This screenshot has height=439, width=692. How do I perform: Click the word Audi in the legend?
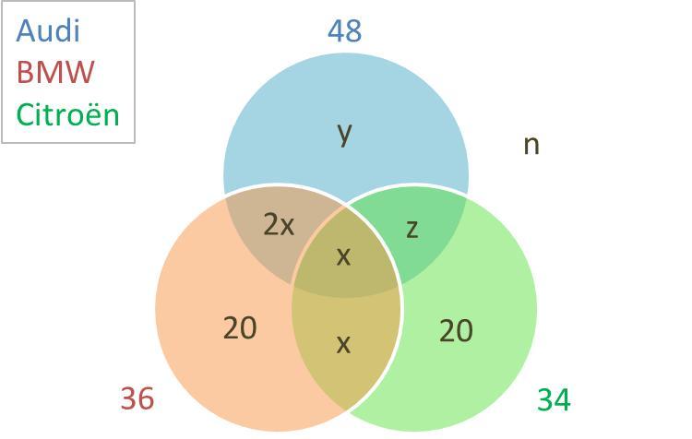(48, 30)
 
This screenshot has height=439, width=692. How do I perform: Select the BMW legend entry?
(55, 72)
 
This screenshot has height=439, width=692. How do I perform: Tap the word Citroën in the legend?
(68, 114)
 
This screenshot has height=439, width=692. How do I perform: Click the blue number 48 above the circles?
(344, 31)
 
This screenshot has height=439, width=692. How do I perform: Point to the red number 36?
(137, 398)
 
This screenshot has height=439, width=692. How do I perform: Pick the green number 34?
(554, 399)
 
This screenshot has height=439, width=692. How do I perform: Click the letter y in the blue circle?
(344, 134)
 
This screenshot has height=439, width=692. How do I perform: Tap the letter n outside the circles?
(531, 144)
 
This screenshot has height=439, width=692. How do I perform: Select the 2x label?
(279, 224)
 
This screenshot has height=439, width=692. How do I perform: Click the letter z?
(412, 228)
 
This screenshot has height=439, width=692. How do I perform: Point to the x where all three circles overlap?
(343, 256)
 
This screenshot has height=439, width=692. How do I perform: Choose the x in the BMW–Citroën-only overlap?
(343, 344)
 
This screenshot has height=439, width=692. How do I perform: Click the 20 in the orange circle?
(240, 327)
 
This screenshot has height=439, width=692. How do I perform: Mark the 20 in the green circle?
(456, 329)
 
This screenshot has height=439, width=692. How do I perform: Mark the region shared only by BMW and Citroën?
(346, 369)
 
